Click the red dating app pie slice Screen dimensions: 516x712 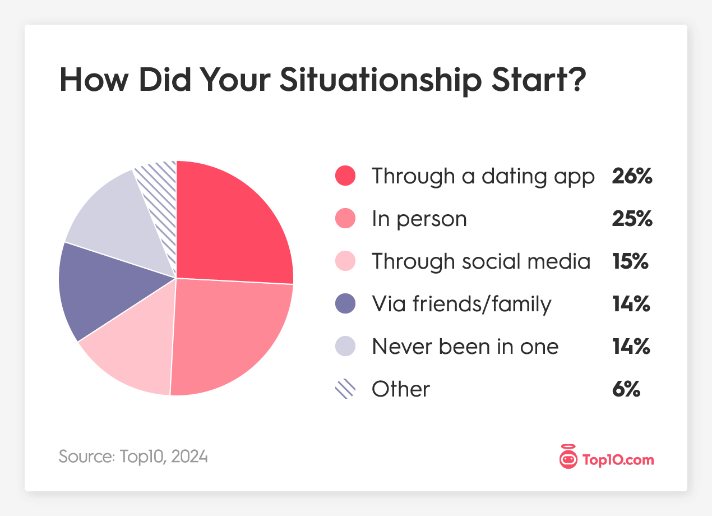pos(230,224)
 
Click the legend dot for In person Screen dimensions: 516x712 pos(345,219)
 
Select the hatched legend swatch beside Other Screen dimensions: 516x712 pos(345,389)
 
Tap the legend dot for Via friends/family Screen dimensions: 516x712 pos(345,304)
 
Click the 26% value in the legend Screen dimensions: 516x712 pos(632,176)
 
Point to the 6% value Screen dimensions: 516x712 pos(627,389)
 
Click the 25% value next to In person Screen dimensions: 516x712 pos(632,219)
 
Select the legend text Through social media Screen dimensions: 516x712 pos(481,261)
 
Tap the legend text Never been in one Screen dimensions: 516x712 pos(465,347)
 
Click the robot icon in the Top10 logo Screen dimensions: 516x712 pos(568,459)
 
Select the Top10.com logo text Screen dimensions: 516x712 pos(618,460)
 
